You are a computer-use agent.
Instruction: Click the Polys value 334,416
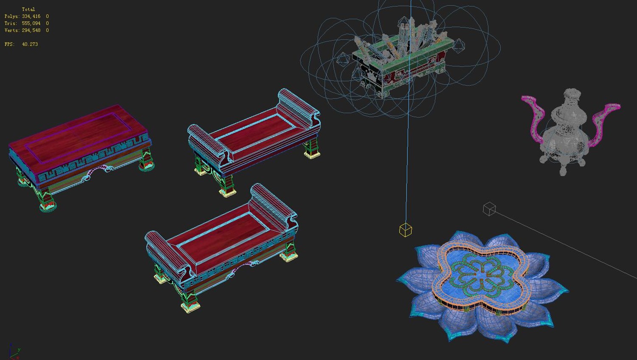click(x=31, y=17)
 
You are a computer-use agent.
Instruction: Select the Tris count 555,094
click(x=31, y=23)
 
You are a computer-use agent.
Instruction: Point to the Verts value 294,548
click(x=31, y=30)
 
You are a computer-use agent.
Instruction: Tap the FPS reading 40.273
click(x=30, y=44)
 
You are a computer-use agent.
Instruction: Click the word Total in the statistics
click(x=28, y=9)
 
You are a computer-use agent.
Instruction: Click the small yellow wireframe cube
click(x=405, y=230)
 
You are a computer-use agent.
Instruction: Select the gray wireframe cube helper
click(x=489, y=209)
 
